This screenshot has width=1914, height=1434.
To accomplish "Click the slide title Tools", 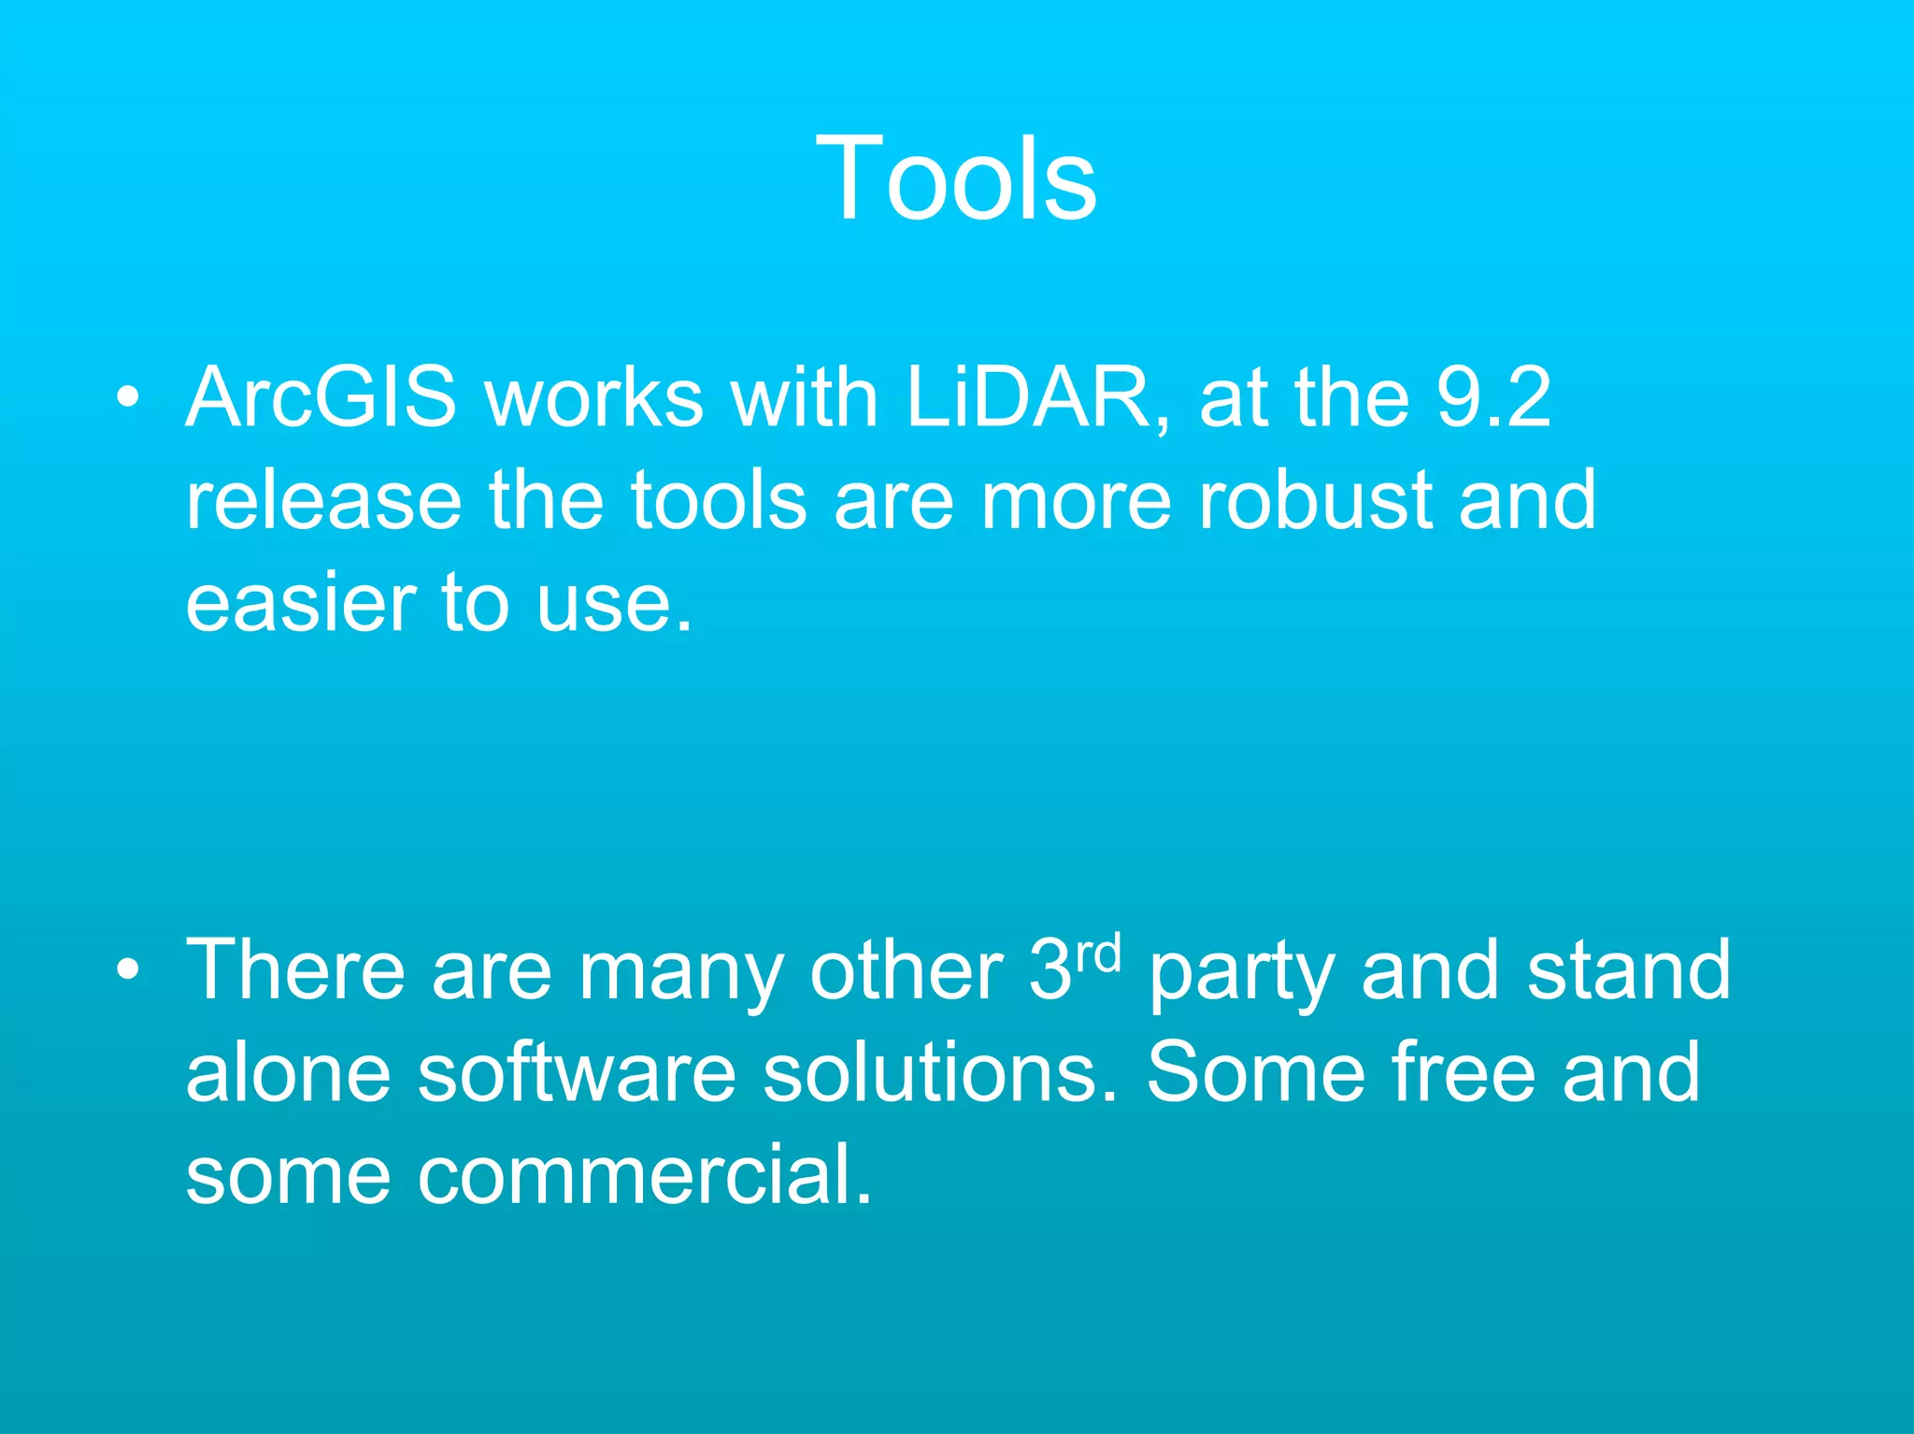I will click(956, 178).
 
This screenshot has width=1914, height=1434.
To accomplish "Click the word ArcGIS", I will click(321, 398).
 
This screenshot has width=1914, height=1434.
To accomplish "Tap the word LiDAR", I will click(1037, 398).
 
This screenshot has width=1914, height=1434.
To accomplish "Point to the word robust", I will click(1315, 500).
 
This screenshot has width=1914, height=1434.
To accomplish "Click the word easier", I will click(301, 603).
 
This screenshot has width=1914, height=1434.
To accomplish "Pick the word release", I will click(323, 500).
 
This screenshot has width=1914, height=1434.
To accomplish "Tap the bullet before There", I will click(128, 970).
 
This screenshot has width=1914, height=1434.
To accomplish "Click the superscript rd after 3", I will click(1097, 953).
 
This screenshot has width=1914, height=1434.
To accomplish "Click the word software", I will click(577, 1072).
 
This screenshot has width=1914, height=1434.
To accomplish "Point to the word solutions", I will click(939, 1072).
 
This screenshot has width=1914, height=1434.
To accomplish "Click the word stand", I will click(1629, 970).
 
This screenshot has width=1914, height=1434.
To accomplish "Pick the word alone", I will click(288, 1072).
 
